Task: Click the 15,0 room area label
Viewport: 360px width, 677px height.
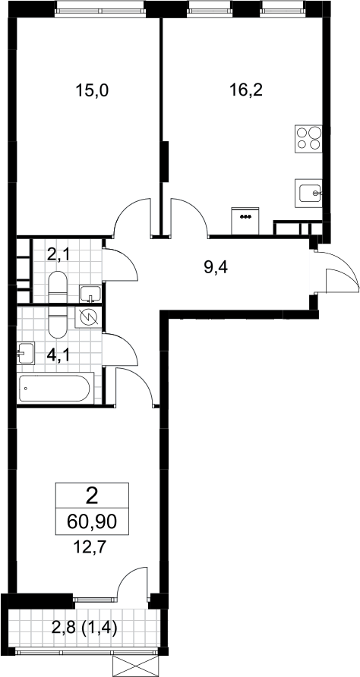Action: click(x=92, y=90)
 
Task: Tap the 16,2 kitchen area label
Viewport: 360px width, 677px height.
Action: click(x=247, y=90)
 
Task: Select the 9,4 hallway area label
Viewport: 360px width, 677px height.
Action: click(x=216, y=268)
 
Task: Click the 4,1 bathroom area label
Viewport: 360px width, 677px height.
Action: click(x=58, y=356)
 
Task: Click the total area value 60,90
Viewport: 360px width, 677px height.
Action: click(x=92, y=522)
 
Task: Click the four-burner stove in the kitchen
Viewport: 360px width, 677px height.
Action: click(x=308, y=138)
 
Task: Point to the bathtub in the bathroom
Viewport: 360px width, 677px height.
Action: click(x=55, y=389)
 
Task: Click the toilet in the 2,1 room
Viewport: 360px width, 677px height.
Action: click(x=58, y=288)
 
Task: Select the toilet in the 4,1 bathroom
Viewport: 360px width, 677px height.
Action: click(x=58, y=322)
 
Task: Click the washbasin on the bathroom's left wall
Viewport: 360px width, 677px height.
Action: click(x=26, y=353)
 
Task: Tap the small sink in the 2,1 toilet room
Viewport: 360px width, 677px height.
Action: click(x=90, y=294)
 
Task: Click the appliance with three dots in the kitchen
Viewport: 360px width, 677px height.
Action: click(x=245, y=221)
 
